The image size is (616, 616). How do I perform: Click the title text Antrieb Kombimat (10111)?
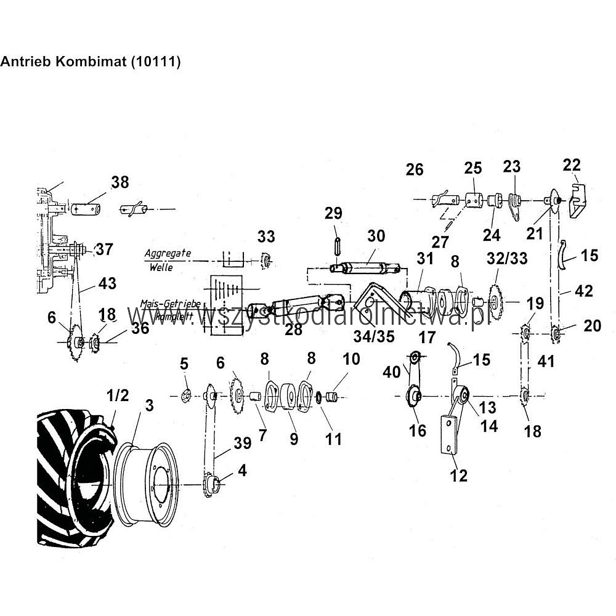coord(90,62)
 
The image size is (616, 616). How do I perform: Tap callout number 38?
coord(120,182)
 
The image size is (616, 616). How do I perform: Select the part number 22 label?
coord(572,164)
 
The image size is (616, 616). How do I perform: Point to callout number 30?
coord(375,235)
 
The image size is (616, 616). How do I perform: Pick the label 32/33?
coord(507,259)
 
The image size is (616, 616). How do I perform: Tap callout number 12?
coord(459,475)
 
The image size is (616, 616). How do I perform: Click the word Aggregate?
coord(168,253)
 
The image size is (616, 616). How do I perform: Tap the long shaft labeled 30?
coord(367,268)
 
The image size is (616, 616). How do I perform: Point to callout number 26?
coord(415,169)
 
